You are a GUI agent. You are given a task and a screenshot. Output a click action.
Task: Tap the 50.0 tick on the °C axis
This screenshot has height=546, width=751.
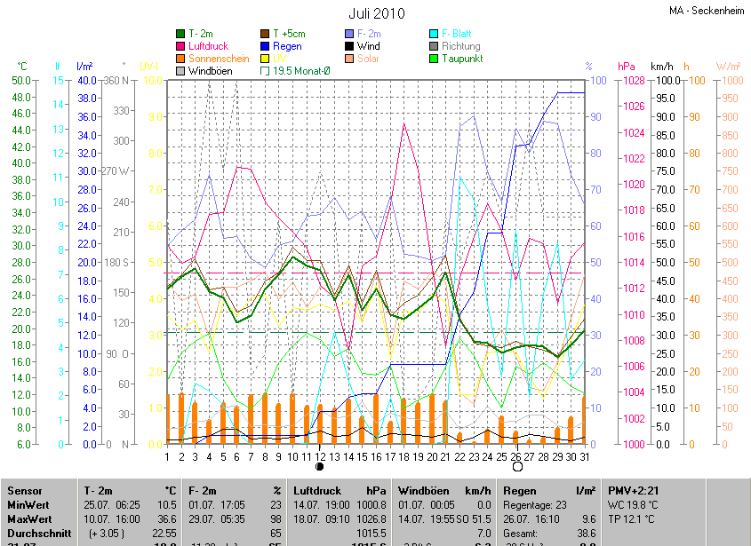(20, 80)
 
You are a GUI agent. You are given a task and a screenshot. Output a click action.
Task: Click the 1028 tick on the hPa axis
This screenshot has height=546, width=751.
(632, 80)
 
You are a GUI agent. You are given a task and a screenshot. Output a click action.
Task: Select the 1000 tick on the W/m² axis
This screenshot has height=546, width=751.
(728, 80)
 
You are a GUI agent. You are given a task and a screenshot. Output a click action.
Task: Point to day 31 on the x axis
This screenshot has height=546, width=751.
(583, 456)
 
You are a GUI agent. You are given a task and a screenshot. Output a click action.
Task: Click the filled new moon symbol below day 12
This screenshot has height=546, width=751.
(320, 466)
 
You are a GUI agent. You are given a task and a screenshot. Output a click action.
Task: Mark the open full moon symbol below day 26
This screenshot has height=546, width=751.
(517, 466)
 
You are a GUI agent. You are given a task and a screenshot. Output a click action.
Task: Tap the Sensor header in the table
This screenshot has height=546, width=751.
(25, 491)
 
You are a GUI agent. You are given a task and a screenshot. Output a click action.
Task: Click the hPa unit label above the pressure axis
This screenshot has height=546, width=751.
(627, 67)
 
